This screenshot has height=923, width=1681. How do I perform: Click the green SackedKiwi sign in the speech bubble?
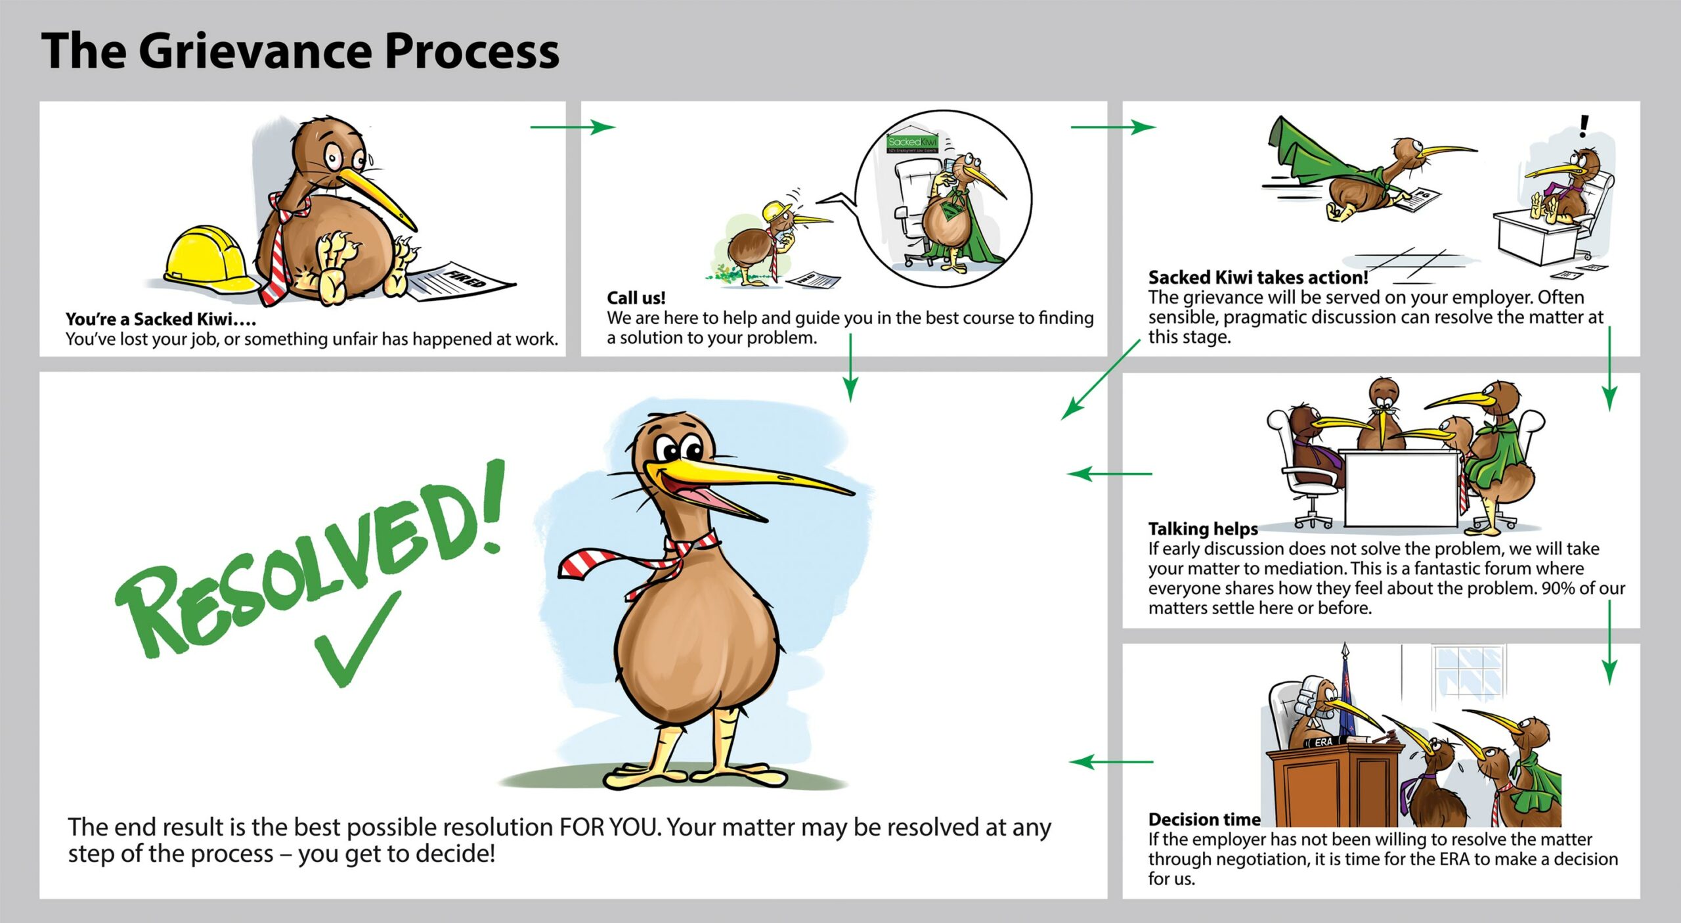(912, 142)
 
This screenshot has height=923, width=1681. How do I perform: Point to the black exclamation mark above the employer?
(1584, 125)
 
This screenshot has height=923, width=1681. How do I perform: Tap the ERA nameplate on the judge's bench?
(1324, 742)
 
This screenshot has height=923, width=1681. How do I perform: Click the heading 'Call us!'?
(636, 298)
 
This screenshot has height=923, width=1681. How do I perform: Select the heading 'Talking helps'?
(1202, 529)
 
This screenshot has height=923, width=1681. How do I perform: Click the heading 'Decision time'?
(1204, 819)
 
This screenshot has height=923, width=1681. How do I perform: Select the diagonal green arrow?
(1101, 380)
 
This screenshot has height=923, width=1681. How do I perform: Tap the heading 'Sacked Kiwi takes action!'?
(1257, 277)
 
